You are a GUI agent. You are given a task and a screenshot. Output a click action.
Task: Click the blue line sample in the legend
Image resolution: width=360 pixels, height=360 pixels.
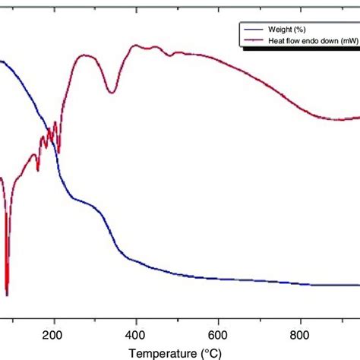point(242,30)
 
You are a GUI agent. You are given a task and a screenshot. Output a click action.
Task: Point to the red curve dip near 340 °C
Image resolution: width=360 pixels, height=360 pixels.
point(112,93)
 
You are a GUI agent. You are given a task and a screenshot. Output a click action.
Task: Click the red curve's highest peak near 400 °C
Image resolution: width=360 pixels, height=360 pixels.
point(137,46)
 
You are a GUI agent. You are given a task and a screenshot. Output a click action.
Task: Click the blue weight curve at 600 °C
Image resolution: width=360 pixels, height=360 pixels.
point(219,279)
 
